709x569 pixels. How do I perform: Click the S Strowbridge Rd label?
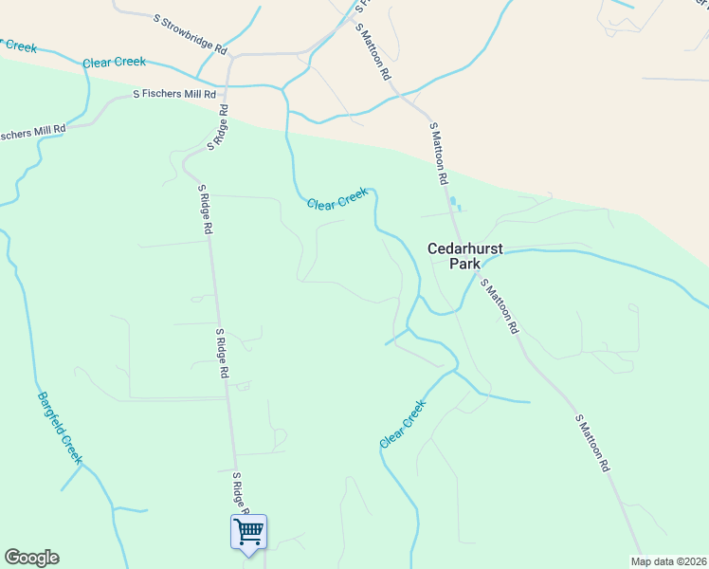click(191, 32)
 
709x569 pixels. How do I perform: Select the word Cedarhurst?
click(464, 248)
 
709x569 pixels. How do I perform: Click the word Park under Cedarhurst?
click(464, 265)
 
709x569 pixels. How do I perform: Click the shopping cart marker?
click(248, 531)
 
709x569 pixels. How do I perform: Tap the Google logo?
click(31, 558)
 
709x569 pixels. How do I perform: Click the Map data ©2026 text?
click(668, 560)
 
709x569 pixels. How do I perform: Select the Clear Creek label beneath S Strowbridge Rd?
click(114, 63)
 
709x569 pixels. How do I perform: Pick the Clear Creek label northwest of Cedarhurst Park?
click(336, 198)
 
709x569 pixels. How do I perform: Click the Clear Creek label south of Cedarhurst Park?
click(403, 424)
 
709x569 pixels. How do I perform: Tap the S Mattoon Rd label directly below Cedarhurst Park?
click(500, 305)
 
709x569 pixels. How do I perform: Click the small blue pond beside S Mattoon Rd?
click(456, 204)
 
